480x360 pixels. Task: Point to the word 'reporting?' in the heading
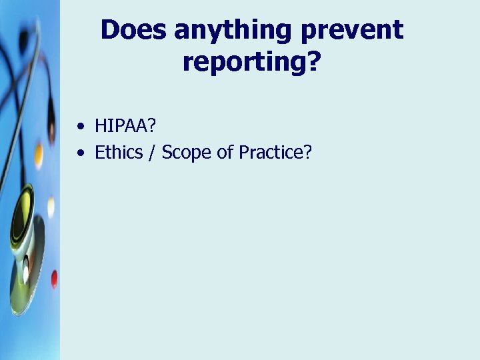tap(251, 63)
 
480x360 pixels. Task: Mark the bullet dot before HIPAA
tap(81, 125)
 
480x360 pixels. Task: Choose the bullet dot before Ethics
tap(81, 153)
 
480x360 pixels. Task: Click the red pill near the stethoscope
tap(54, 278)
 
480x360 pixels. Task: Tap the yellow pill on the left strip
tap(39, 155)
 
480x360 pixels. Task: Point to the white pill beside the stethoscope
tap(51, 207)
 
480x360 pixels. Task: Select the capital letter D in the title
tap(109, 30)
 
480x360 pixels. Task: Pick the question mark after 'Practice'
tap(307, 153)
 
